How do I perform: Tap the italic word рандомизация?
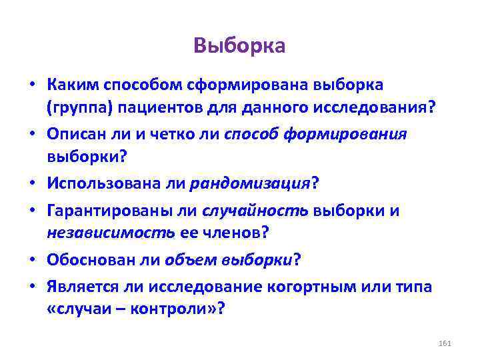(x=249, y=182)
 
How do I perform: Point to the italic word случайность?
(x=259, y=211)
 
